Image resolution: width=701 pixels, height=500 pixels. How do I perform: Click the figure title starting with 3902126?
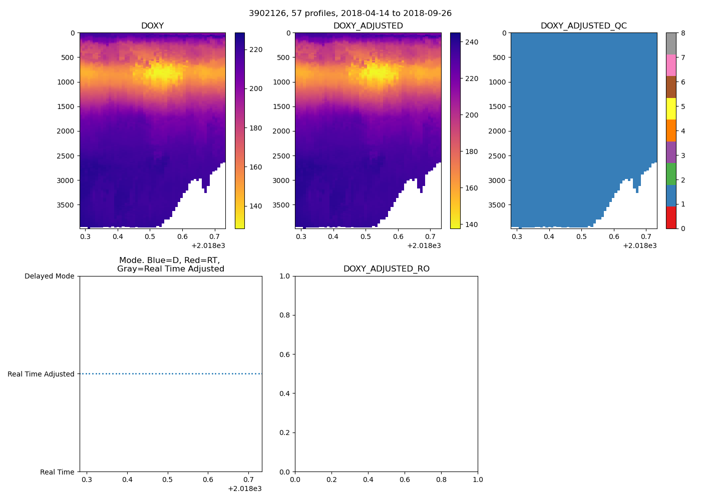(350, 13)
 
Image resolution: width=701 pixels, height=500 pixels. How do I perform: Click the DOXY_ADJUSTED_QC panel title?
(583, 25)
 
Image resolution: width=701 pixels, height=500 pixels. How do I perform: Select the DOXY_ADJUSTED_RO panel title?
(386, 268)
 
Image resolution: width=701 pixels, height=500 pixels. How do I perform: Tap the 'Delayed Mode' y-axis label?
(49, 276)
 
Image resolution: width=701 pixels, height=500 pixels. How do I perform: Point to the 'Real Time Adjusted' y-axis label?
(41, 374)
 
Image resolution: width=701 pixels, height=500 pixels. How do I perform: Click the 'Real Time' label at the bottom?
(57, 472)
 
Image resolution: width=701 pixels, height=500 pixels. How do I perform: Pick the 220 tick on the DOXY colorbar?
(256, 49)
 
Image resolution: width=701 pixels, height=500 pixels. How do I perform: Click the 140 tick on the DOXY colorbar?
(256, 206)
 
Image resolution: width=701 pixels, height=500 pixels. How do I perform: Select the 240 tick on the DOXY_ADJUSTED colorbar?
(471, 42)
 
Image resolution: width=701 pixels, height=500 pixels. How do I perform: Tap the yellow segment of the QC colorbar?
(671, 108)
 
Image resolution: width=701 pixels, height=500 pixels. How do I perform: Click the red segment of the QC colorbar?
(671, 217)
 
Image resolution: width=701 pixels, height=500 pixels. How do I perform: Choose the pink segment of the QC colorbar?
(671, 65)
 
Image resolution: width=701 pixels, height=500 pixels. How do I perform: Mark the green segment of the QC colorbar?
(671, 174)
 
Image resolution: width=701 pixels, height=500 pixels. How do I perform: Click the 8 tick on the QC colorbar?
(683, 33)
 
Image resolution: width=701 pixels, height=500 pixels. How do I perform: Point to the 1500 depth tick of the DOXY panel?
(66, 106)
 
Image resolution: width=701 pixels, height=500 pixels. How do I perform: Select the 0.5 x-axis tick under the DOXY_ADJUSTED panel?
(366, 236)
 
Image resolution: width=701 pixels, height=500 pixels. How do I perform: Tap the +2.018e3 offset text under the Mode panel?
(244, 488)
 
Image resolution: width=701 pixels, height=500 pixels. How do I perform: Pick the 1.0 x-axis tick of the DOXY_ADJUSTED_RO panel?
(478, 480)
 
